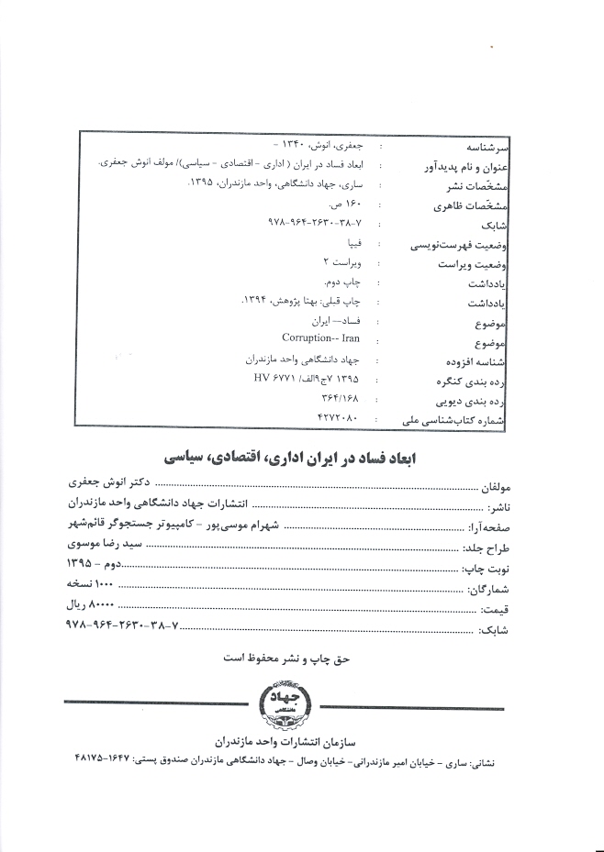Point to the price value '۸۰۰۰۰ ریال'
tap(91, 606)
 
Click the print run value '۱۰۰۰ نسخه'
tap(90, 584)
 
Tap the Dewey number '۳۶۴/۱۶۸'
tap(335, 398)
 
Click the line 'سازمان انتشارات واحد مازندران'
tap(290, 740)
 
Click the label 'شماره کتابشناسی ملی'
tap(460, 421)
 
